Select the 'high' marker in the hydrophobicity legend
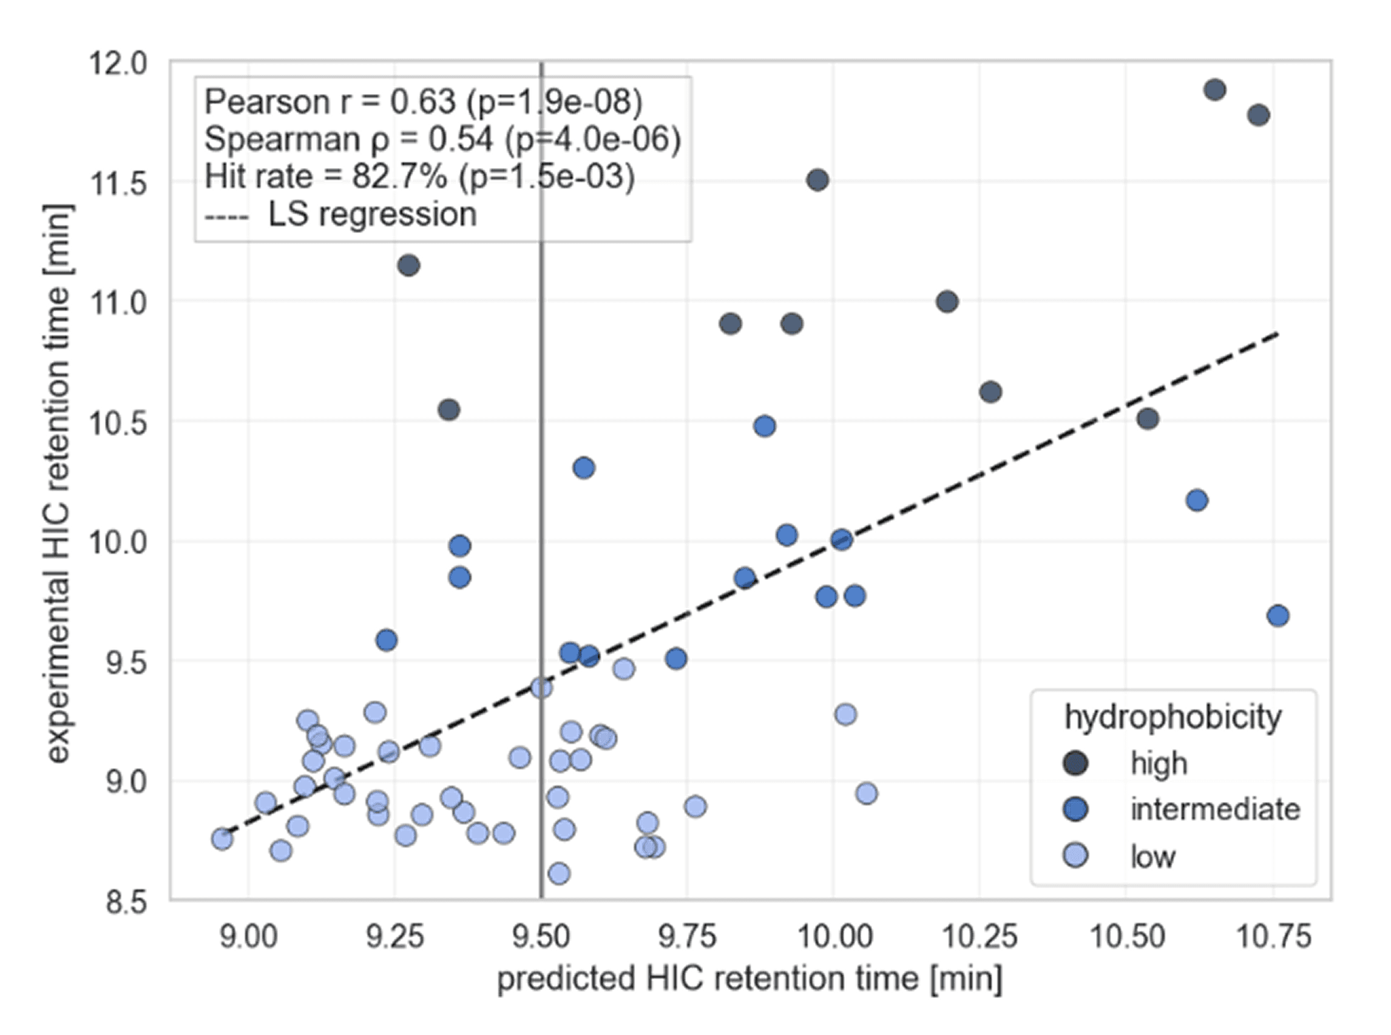click(x=1076, y=763)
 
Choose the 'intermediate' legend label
click(x=1215, y=809)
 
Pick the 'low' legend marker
click(x=1076, y=856)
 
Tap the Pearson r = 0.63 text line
click(x=424, y=101)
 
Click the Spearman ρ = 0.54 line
click(x=442, y=139)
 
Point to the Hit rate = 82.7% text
click(x=419, y=177)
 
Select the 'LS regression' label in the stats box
click(x=372, y=214)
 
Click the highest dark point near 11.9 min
click(x=1215, y=90)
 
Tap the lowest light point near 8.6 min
click(x=559, y=874)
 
